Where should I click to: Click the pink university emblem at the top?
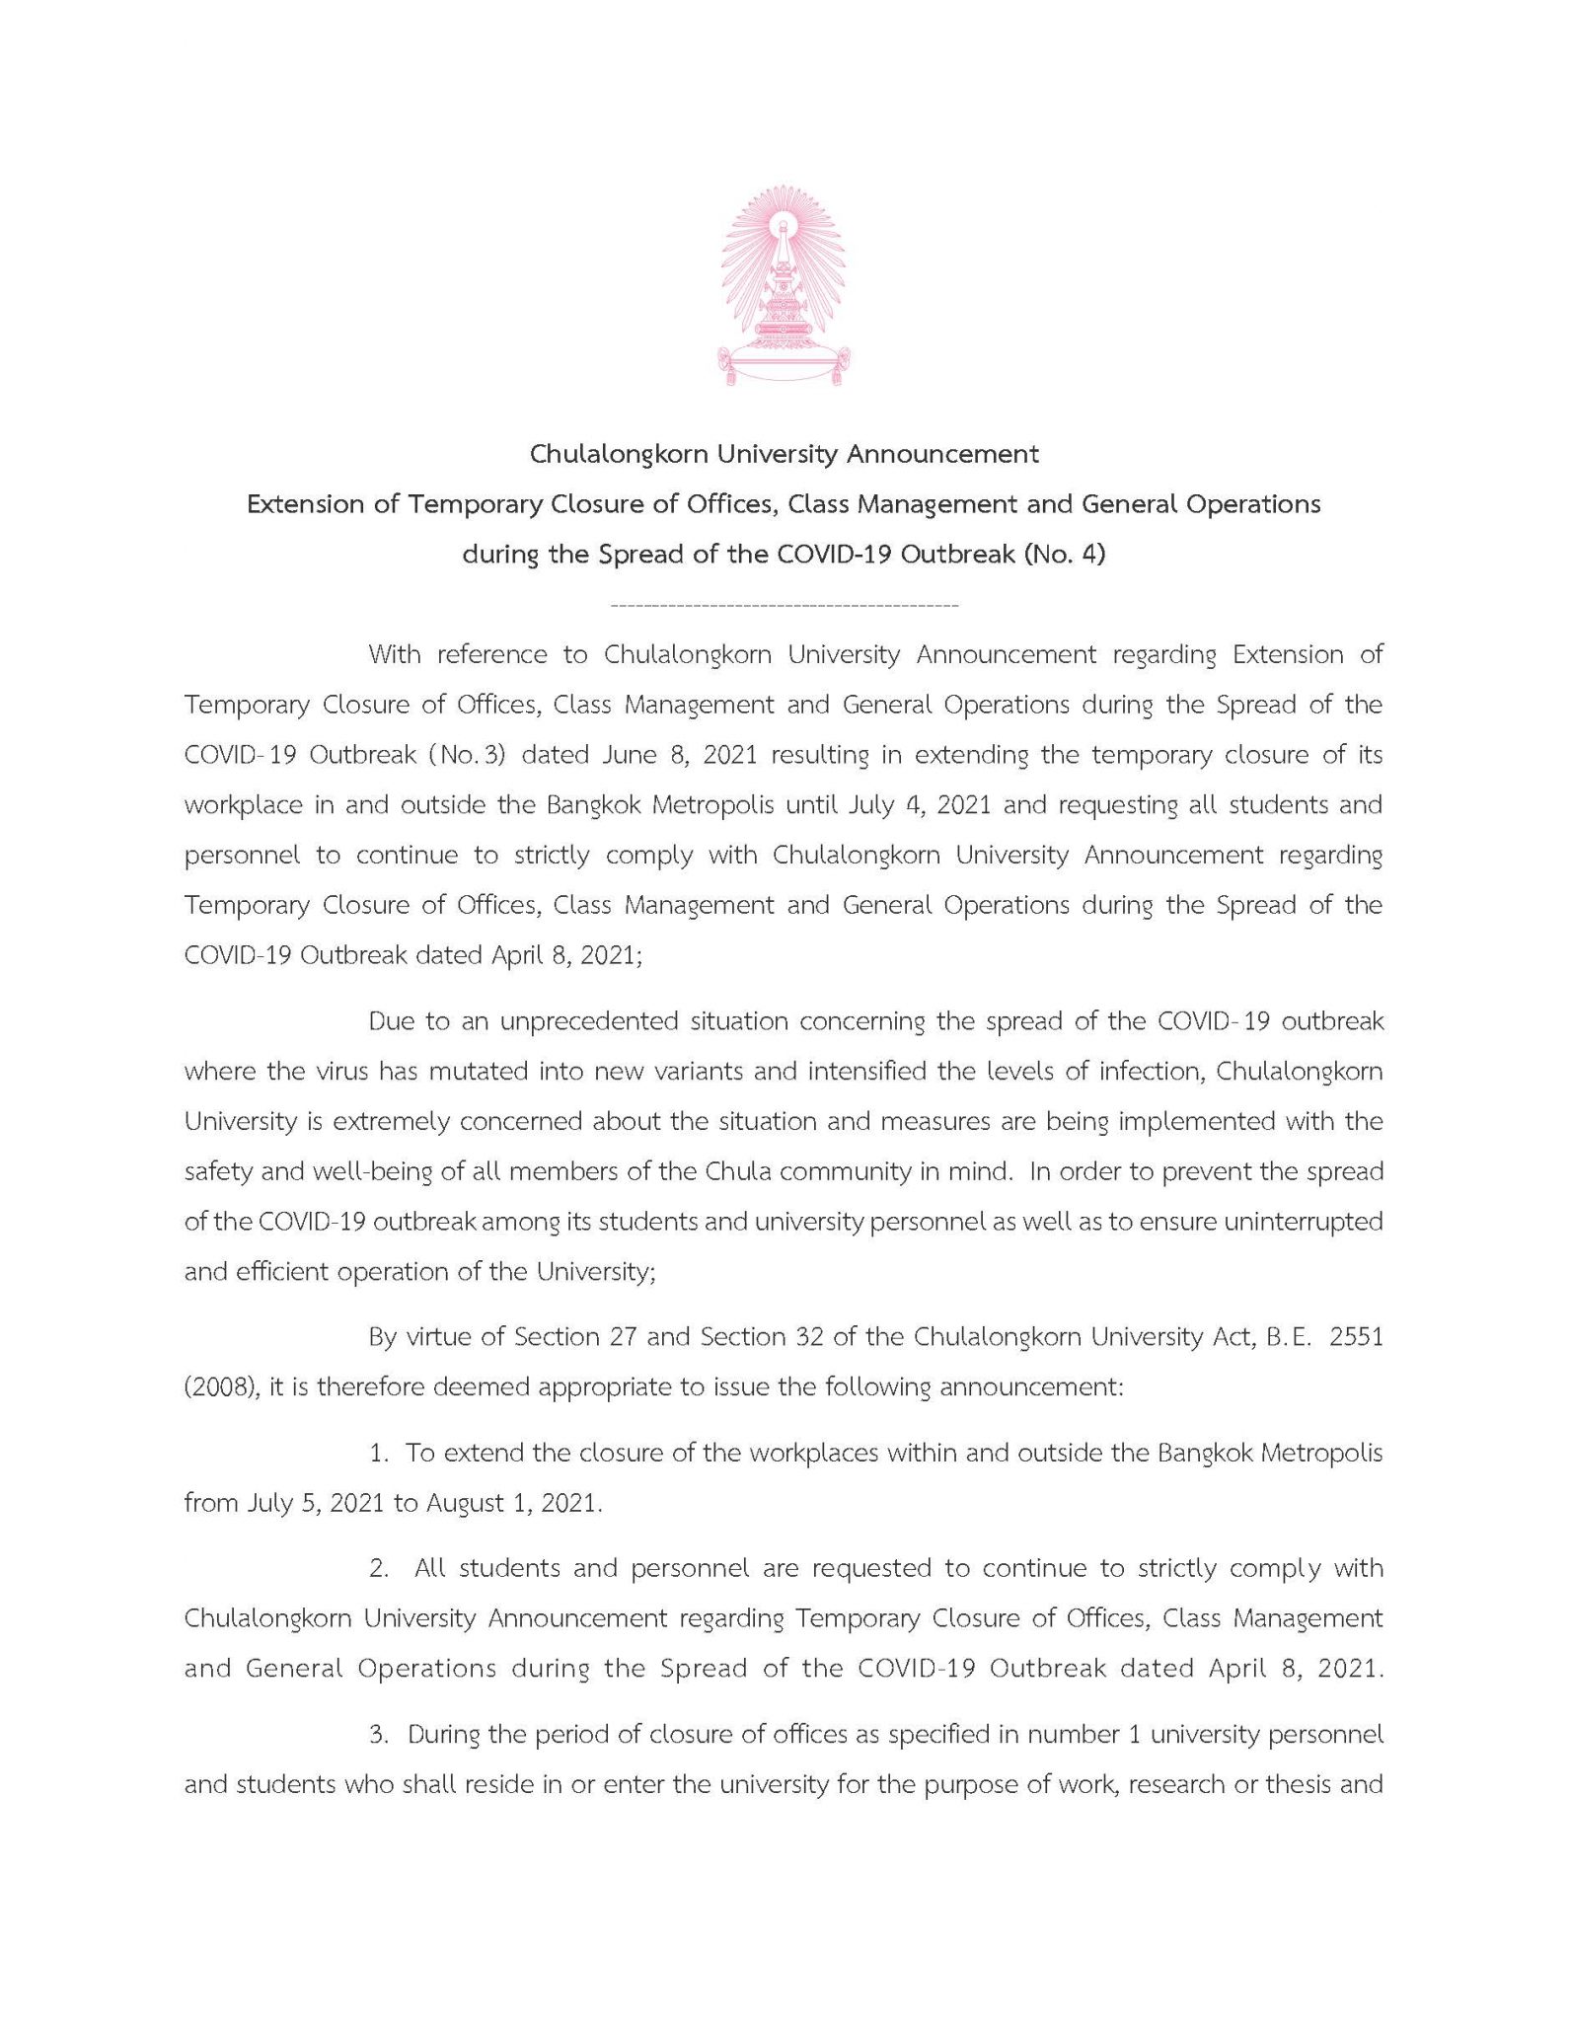click(x=784, y=284)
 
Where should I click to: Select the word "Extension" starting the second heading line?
click(x=305, y=504)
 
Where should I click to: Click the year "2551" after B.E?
click(x=1356, y=1337)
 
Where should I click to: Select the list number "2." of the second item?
click(x=379, y=1569)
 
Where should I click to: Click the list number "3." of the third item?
click(x=379, y=1735)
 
